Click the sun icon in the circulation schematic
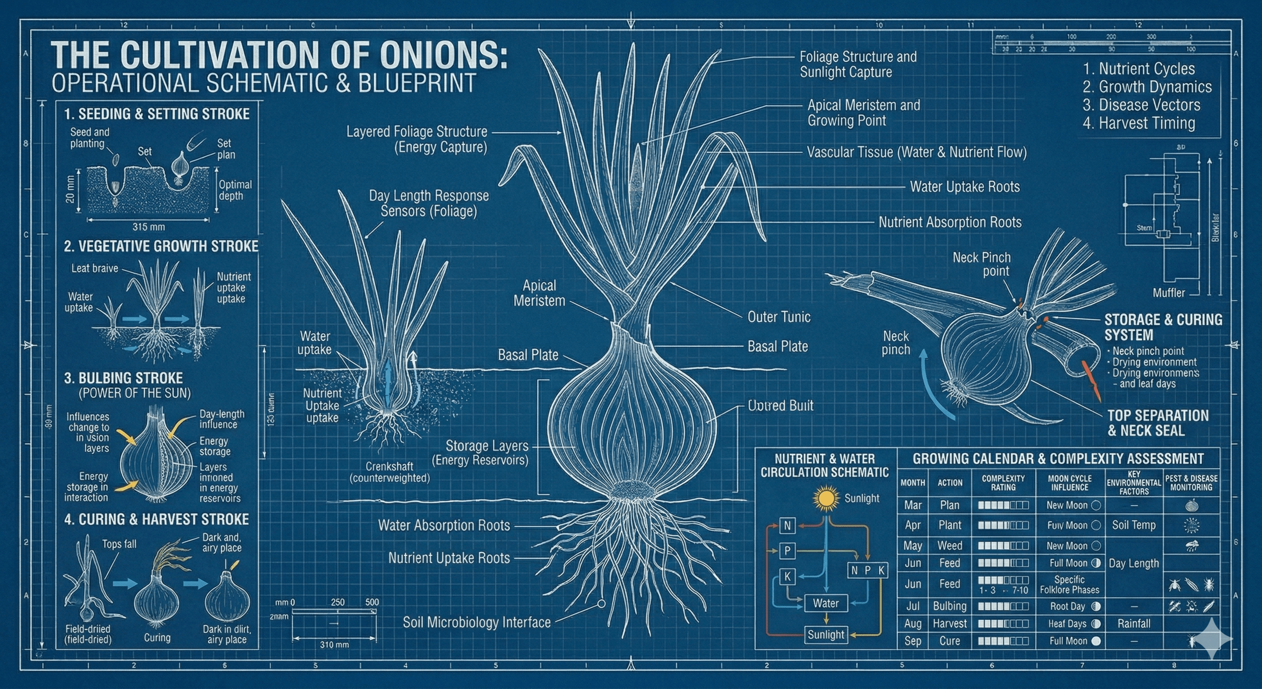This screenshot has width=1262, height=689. tap(826, 499)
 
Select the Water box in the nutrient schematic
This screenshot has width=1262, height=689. tap(826, 603)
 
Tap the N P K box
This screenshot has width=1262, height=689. tap(867, 570)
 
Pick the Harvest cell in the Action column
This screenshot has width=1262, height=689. tap(949, 624)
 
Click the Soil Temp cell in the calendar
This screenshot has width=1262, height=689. tap(1134, 525)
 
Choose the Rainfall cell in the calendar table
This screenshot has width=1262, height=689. tap(1134, 624)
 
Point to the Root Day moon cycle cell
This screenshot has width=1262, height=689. tap(1069, 606)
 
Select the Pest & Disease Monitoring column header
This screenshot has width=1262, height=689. tap(1191, 483)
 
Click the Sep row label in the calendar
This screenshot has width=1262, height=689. tap(912, 641)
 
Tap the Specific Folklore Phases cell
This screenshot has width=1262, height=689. tap(1069, 584)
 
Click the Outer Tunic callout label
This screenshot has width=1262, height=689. tap(779, 317)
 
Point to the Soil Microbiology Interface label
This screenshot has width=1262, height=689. tap(476, 622)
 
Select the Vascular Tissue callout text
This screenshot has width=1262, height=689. tap(916, 152)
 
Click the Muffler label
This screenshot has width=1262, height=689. tap(1169, 292)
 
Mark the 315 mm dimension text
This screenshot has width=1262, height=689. tap(148, 227)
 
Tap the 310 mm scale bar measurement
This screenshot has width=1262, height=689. tap(334, 645)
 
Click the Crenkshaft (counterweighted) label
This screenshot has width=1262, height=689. tap(389, 472)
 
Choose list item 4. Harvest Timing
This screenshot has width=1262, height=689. tap(1139, 123)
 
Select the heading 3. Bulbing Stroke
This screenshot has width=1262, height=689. tap(123, 378)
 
